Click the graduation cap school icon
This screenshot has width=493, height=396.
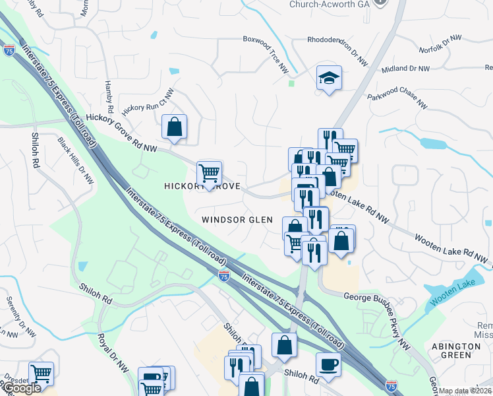pos(328,79)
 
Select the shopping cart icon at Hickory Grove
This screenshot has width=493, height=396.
pos(210,174)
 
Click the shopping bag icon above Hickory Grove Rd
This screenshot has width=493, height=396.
pos(174,127)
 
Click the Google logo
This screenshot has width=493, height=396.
pos(22,388)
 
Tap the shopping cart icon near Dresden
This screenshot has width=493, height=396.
pos(41,373)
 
